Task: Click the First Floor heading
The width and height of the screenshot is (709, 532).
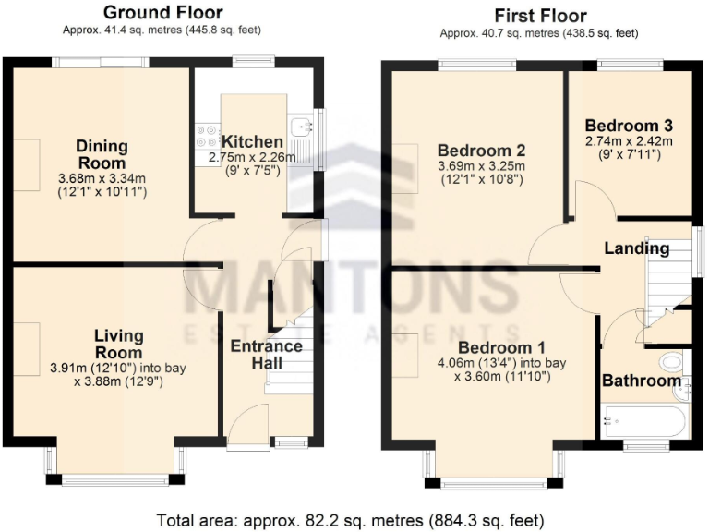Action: pos(540,15)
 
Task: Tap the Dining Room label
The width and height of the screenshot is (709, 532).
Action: pos(102,154)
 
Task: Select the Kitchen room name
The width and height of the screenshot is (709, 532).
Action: pos(252,141)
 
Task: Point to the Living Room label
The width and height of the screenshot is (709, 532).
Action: pos(118,344)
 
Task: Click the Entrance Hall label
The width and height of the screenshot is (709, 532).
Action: pos(266,355)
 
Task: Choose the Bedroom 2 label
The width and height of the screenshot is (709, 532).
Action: pos(481,151)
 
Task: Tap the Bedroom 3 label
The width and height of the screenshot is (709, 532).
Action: pos(628,126)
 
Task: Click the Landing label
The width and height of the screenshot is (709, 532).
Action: pos(636,248)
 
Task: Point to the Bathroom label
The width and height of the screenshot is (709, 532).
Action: pos(641,381)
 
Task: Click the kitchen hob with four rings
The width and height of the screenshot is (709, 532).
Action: pos(205,137)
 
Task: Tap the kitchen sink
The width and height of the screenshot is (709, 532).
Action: pos(299,128)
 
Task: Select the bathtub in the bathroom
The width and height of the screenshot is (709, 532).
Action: pos(643,424)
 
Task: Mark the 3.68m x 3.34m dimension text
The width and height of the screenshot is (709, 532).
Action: pos(102,178)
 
